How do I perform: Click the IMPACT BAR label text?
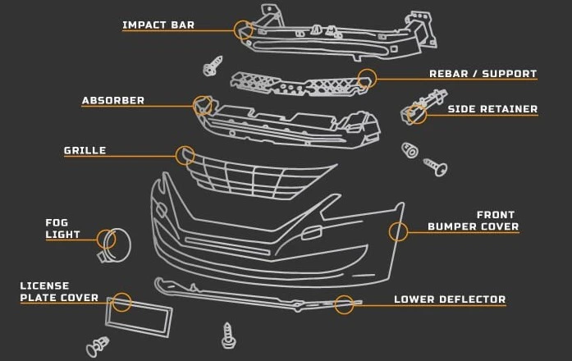click(x=158, y=25)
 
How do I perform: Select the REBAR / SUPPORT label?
click(x=483, y=74)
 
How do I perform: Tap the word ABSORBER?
click(x=113, y=101)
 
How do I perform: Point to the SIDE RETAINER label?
click(x=492, y=108)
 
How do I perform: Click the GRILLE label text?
click(x=85, y=151)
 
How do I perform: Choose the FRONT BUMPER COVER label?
click(x=474, y=221)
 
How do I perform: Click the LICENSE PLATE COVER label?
click(x=59, y=292)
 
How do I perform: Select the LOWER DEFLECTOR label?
click(x=450, y=299)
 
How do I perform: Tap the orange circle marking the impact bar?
click(x=243, y=30)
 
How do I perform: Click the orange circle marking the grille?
click(x=185, y=155)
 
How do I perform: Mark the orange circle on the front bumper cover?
click(x=398, y=232)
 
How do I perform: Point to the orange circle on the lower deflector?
click(x=344, y=304)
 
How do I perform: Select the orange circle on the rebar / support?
click(x=367, y=79)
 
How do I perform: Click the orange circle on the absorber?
click(x=202, y=105)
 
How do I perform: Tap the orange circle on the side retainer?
click(x=417, y=114)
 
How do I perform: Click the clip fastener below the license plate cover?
click(x=98, y=346)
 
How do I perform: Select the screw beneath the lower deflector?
click(x=229, y=334)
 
